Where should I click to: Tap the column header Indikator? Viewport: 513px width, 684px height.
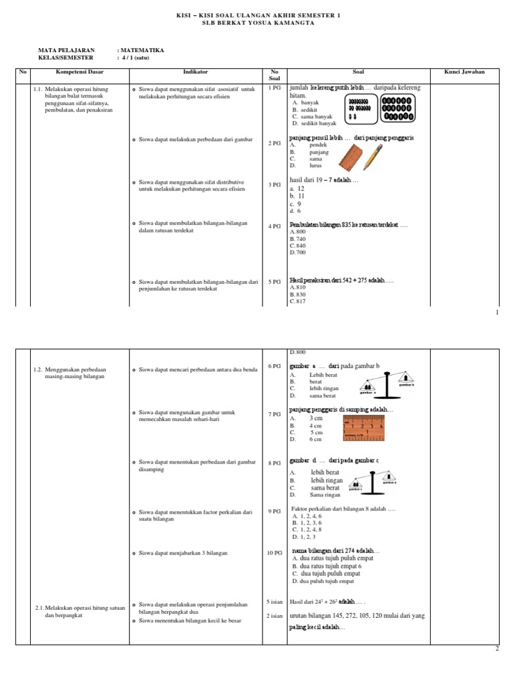click(x=195, y=71)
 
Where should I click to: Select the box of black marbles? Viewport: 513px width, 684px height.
click(x=397, y=108)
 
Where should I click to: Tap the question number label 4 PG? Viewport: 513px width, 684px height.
click(x=275, y=226)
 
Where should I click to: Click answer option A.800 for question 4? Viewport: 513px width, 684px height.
click(x=297, y=232)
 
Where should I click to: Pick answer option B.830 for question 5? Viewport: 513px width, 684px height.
click(x=297, y=295)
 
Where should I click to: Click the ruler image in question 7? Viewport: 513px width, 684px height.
click(x=363, y=428)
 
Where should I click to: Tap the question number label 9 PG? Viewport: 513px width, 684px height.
click(x=275, y=511)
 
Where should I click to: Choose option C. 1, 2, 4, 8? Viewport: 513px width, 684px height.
click(x=307, y=530)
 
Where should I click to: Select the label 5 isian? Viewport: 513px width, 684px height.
click(x=275, y=602)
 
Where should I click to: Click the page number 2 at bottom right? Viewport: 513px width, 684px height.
click(x=497, y=649)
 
